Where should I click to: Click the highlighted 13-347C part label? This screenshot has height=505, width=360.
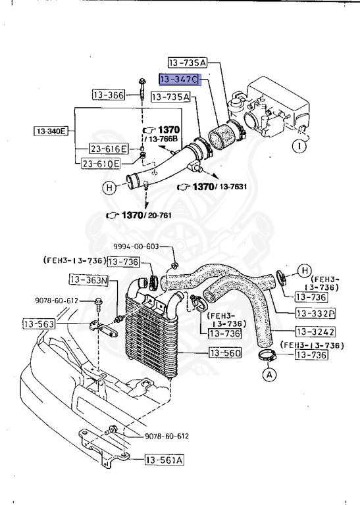[178, 80]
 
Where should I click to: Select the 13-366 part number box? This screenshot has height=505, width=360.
[108, 95]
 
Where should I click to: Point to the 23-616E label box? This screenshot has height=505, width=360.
[108, 149]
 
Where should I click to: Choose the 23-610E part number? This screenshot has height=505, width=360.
[101, 163]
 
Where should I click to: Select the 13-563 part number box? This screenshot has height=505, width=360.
[39, 324]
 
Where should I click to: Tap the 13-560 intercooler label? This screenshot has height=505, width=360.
[226, 354]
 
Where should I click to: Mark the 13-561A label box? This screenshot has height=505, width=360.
[164, 460]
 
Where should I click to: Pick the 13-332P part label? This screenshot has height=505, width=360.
[315, 314]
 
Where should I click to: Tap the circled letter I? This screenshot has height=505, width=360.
[299, 145]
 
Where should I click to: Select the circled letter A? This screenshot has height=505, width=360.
[269, 375]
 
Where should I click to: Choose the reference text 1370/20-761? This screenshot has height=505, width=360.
[140, 215]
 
